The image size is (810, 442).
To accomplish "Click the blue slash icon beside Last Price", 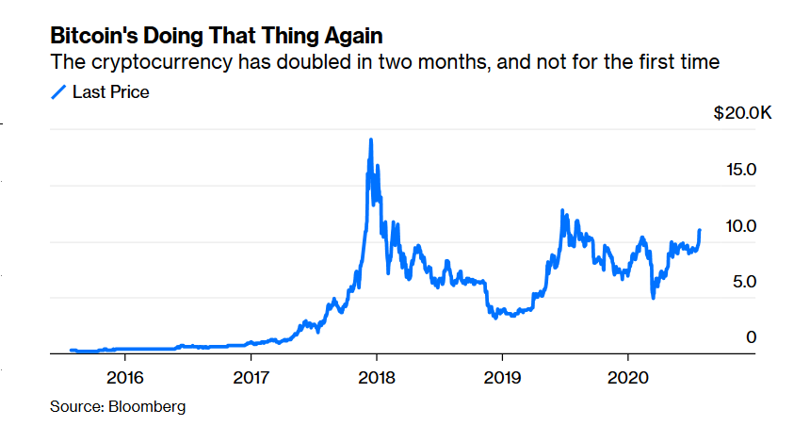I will tap(58, 91).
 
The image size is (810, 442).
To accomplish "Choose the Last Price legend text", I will tap(111, 91).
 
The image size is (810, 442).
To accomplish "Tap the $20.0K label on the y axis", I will tap(742, 114).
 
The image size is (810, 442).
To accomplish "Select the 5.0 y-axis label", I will tap(742, 282).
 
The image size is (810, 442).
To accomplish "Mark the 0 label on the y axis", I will tap(751, 336).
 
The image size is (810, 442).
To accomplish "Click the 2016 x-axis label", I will tap(125, 378).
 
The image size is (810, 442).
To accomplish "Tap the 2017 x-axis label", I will tap(251, 378).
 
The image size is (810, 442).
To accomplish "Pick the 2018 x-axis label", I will tap(377, 378).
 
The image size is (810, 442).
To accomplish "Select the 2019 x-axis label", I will tap(502, 378).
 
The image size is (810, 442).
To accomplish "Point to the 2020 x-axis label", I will tap(628, 378).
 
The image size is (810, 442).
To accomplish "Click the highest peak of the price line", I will tap(371, 140).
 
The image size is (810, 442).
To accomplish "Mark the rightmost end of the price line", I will tap(699, 230).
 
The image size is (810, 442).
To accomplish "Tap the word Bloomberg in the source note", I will tap(147, 407).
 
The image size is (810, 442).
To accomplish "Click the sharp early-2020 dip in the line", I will tap(653, 298).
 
